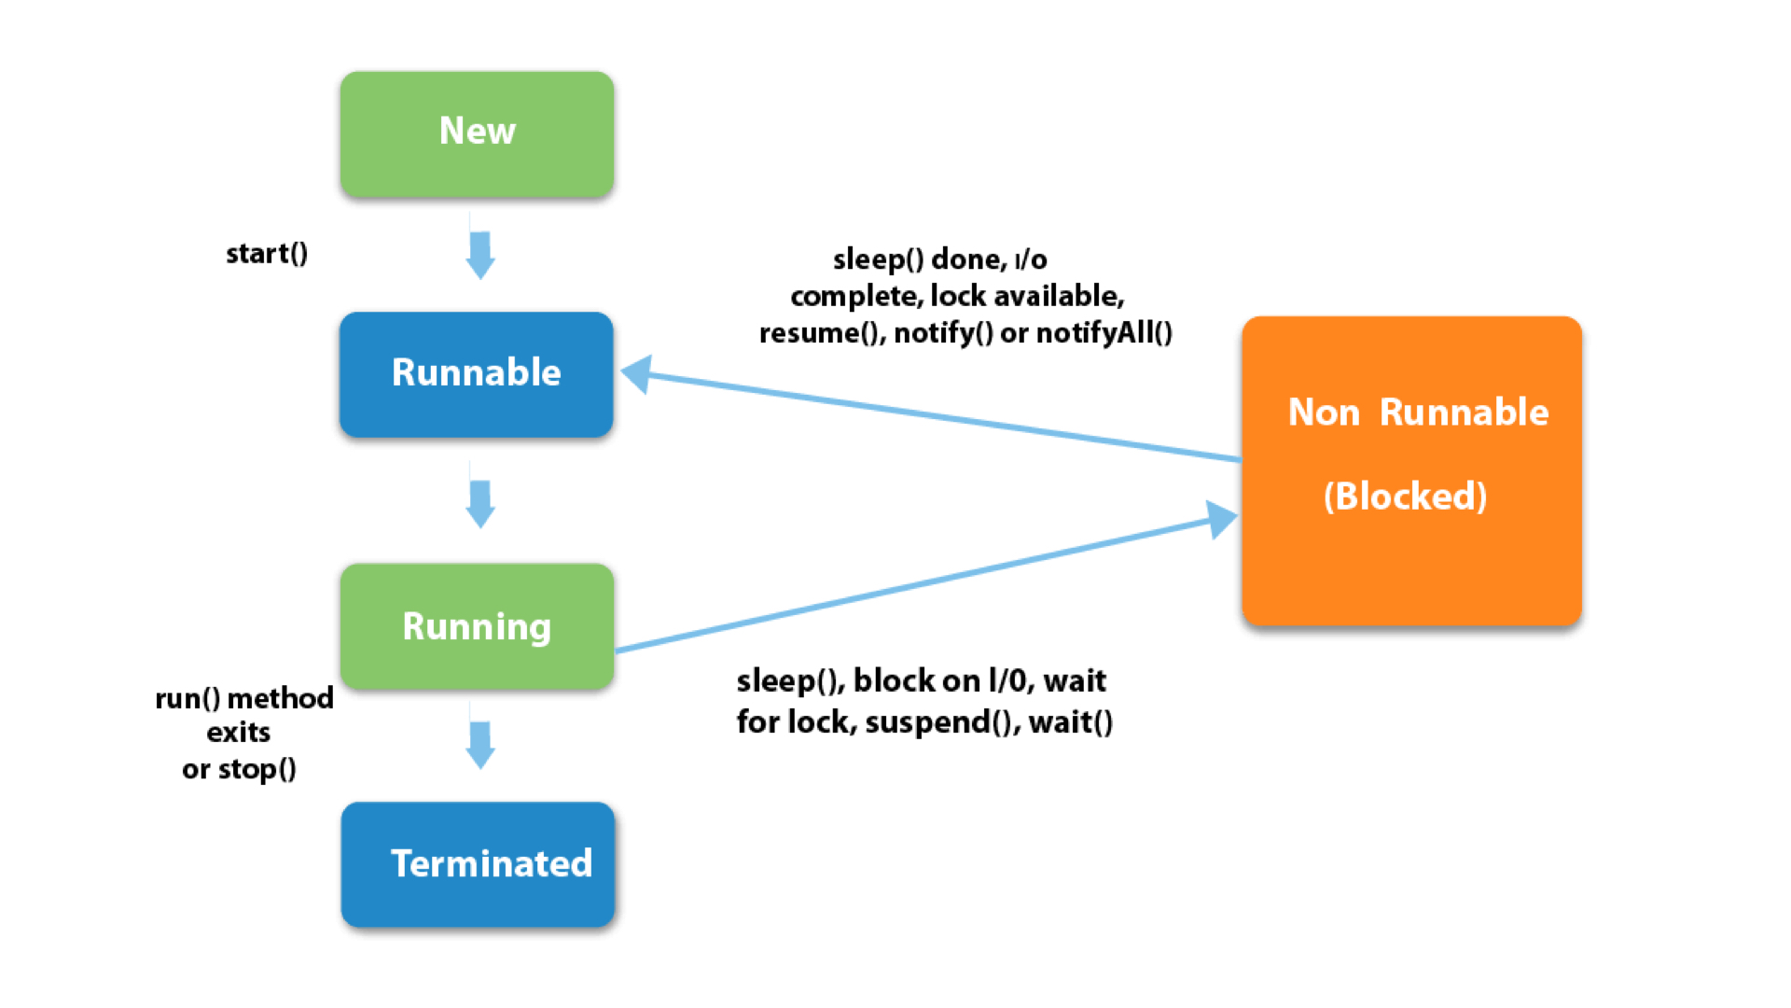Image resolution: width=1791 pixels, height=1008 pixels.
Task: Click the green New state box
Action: point(477,133)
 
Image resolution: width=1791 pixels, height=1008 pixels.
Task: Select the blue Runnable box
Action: point(477,373)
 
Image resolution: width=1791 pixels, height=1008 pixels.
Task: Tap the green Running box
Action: point(477,626)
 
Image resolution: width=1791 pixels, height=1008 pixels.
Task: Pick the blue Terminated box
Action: point(478,864)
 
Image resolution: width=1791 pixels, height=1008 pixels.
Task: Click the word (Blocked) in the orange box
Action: point(1405,497)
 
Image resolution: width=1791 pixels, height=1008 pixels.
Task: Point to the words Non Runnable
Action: point(1418,413)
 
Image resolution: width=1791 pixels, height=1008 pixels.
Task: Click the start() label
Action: point(267,254)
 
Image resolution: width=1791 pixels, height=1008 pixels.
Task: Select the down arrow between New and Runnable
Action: point(480,255)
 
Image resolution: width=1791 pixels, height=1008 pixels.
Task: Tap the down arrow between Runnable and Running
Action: point(480,503)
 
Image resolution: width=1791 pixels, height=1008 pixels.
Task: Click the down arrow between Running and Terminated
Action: point(480,744)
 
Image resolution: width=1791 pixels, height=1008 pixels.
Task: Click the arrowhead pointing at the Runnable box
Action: point(639,374)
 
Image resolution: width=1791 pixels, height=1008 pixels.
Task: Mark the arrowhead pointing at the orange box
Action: point(1220,519)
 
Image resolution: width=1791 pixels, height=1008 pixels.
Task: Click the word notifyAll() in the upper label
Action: point(1104,333)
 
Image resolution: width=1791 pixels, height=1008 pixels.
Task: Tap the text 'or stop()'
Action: point(239,770)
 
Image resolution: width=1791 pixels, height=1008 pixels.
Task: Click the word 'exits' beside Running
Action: point(239,733)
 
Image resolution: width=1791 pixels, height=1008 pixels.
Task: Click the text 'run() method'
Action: point(243,698)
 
